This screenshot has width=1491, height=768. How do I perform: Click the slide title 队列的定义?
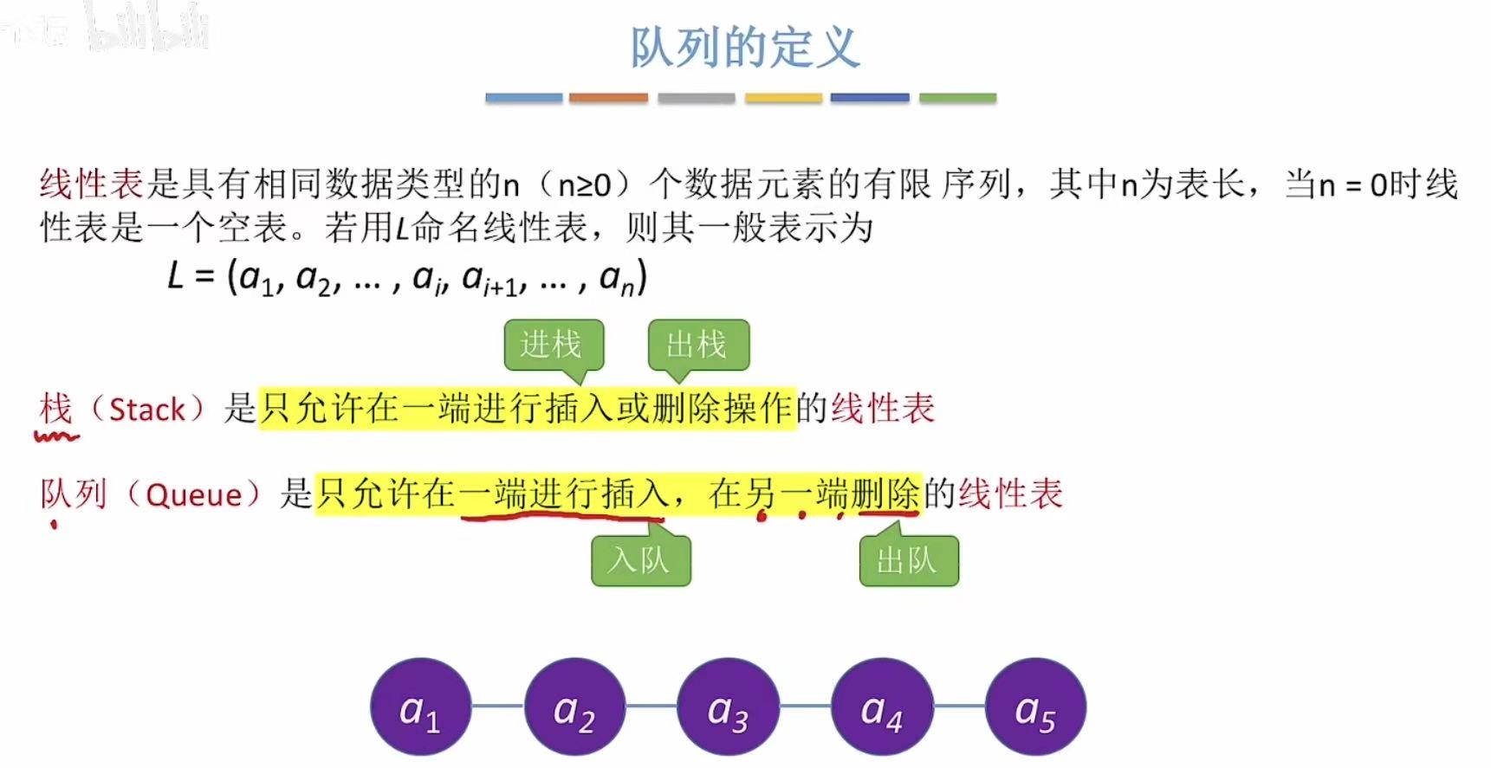(x=744, y=48)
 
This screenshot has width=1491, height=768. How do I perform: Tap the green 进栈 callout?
(x=553, y=345)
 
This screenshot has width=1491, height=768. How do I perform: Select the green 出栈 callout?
(x=697, y=345)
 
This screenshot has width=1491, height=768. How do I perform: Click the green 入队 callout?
(x=640, y=561)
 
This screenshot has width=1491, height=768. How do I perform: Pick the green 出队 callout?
(x=908, y=561)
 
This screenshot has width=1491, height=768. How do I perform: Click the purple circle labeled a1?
(x=421, y=707)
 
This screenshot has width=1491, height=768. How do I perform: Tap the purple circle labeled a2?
(x=574, y=707)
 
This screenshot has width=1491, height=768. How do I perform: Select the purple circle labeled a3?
(x=728, y=707)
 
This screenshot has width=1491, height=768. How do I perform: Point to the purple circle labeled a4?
(x=882, y=707)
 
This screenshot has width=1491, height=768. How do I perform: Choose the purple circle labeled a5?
(x=1035, y=707)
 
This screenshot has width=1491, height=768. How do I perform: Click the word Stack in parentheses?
(x=147, y=410)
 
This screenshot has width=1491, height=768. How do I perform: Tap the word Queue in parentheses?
(x=193, y=495)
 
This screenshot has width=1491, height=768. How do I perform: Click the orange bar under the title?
(x=608, y=98)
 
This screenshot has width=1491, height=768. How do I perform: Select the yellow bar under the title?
(x=783, y=98)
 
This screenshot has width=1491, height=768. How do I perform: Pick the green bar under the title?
(x=957, y=98)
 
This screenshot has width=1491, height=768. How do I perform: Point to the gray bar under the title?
(x=696, y=98)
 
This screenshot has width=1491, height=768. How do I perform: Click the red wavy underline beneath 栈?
(x=56, y=436)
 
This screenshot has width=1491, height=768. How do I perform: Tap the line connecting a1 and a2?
(x=498, y=707)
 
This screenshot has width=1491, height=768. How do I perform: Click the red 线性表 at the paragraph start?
(x=91, y=184)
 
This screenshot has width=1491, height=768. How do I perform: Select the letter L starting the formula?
(x=176, y=276)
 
